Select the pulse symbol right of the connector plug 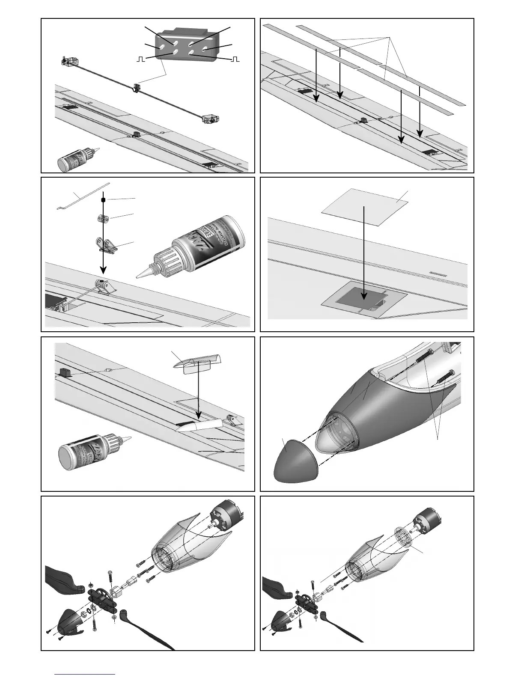point(235,59)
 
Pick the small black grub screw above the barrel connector point(103,199)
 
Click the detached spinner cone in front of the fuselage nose point(295,463)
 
